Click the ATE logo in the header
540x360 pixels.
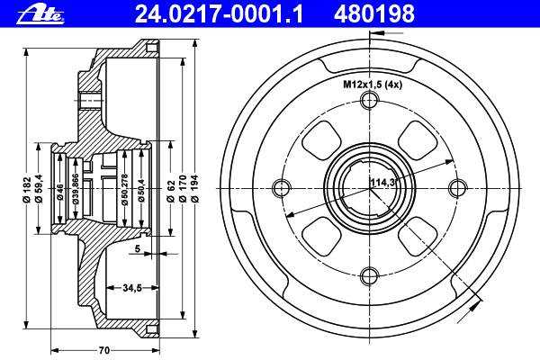[40, 14]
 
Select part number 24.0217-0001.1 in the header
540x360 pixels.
[219, 14]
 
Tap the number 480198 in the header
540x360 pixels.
[374, 14]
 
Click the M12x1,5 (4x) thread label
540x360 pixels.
[373, 85]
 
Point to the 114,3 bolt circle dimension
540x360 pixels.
[382, 182]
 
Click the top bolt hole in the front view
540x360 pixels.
[369, 101]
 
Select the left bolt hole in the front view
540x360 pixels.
[281, 188]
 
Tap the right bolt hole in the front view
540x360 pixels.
[458, 188]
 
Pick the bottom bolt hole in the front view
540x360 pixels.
[369, 276]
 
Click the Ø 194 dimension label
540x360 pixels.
[194, 188]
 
